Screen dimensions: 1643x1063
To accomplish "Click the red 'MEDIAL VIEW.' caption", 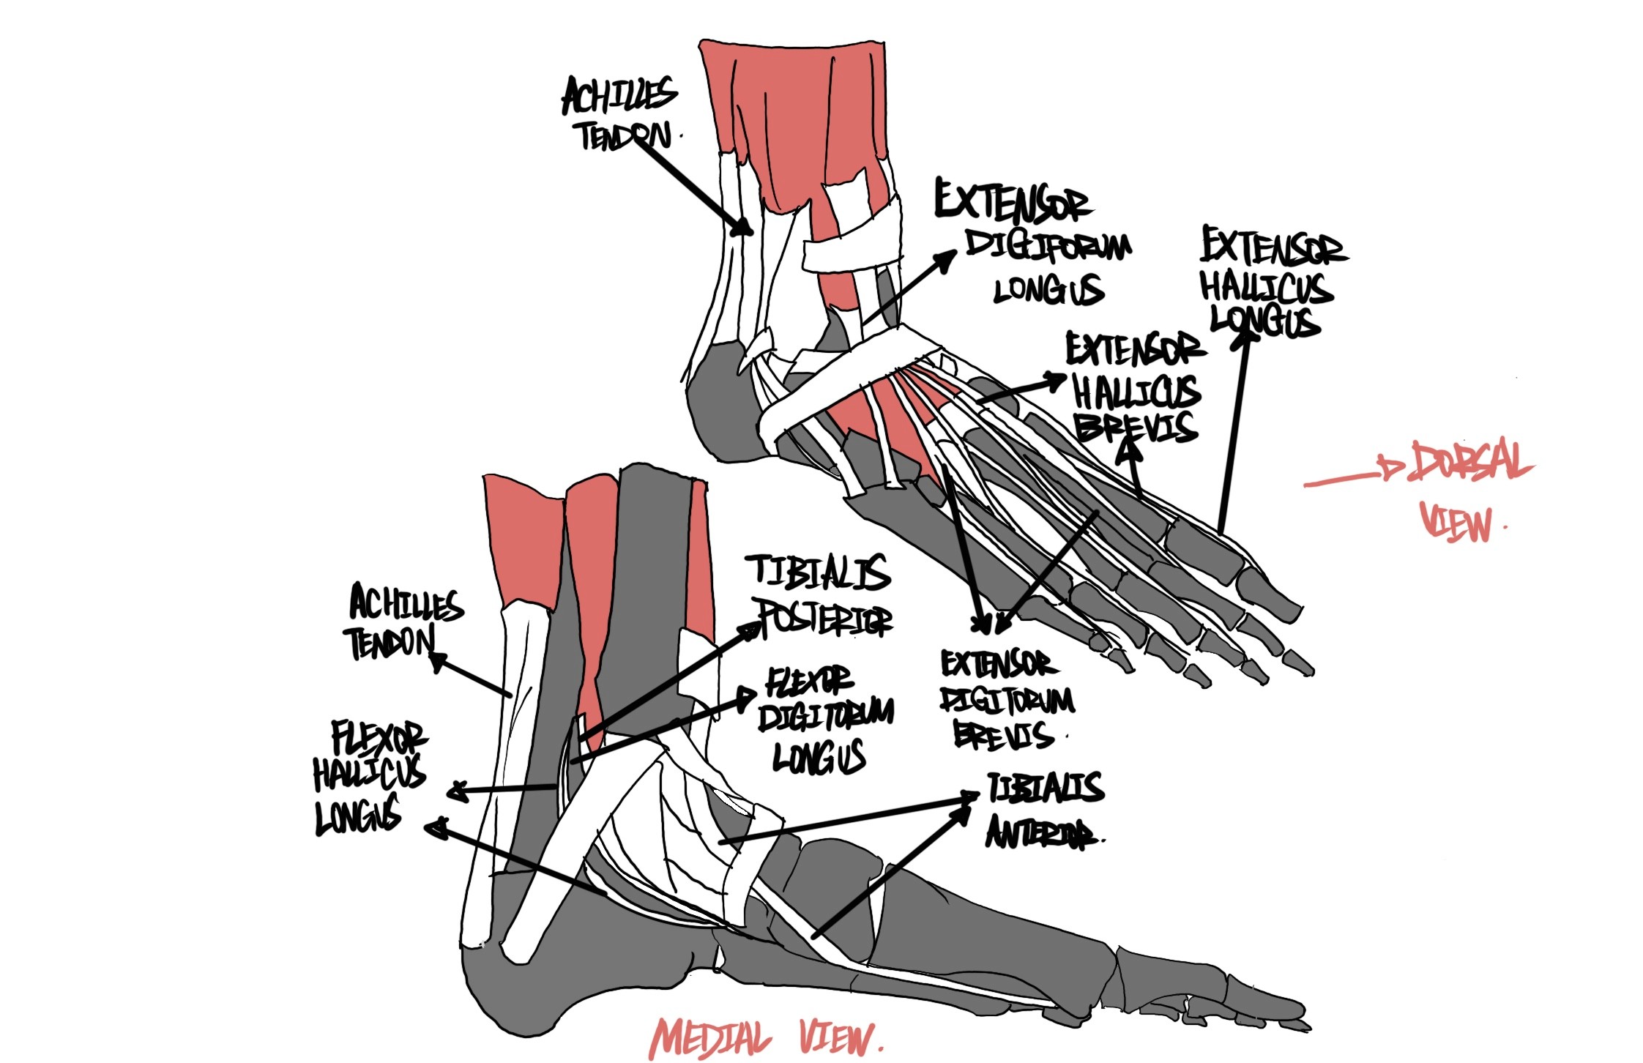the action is tap(765, 1038).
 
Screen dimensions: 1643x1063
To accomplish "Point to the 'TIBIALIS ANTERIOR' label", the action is tap(1043, 810).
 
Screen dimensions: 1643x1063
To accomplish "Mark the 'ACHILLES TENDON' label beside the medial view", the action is tap(403, 622).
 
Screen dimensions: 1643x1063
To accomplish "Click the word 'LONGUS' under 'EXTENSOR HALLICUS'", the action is tap(1264, 321).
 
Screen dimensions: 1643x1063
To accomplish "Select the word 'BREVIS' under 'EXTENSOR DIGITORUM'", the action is tap(1003, 736).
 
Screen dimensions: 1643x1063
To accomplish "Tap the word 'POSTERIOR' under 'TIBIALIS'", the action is tap(825, 619).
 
